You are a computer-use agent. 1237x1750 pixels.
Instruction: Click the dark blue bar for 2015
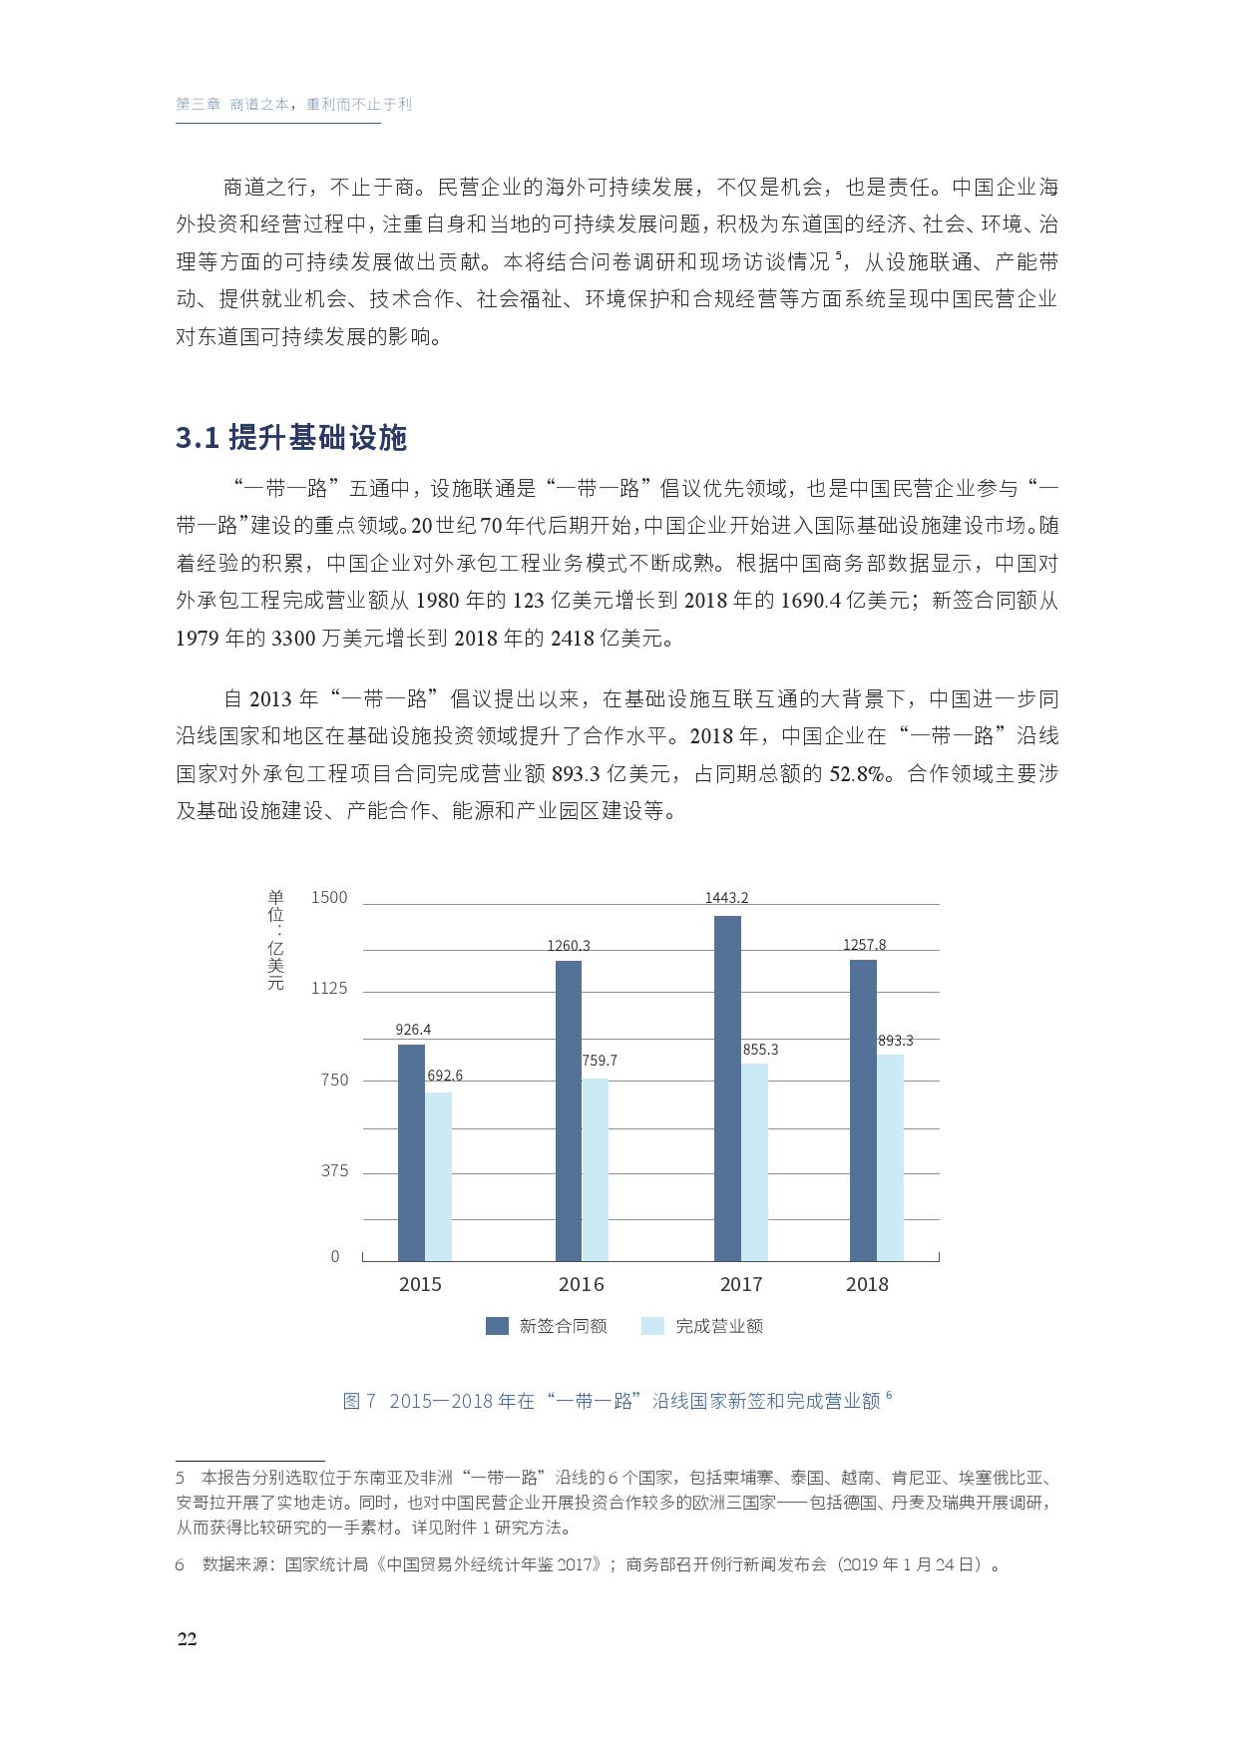tap(411, 1152)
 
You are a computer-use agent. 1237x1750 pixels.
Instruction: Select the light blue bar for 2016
tap(596, 1169)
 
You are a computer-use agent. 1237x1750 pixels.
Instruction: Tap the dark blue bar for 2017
tap(727, 1089)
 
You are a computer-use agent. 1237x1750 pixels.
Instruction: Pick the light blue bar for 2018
tap(890, 1157)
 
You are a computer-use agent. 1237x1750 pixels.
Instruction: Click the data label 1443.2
tap(726, 898)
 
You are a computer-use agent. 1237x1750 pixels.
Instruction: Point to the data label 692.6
tap(445, 1076)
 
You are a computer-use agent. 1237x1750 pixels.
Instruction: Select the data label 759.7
tap(600, 1061)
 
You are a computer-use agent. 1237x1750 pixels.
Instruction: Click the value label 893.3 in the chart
tap(895, 1041)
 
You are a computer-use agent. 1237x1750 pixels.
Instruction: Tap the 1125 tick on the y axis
tap(329, 989)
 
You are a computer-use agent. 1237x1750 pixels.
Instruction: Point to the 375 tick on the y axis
tap(334, 1171)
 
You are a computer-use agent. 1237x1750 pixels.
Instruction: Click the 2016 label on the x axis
tap(581, 1285)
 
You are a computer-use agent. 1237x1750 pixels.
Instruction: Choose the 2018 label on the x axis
tap(866, 1285)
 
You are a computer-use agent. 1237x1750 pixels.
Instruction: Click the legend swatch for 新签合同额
tap(497, 1326)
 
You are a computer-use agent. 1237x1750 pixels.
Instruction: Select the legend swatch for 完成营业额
tap(652, 1326)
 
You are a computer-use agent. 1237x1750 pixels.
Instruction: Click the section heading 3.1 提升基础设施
tap(291, 438)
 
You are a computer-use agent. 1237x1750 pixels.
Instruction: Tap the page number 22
tap(187, 1640)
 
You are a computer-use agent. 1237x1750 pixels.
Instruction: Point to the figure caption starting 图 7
tap(616, 1401)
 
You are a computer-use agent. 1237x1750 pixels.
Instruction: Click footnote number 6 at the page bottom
tap(181, 1564)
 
